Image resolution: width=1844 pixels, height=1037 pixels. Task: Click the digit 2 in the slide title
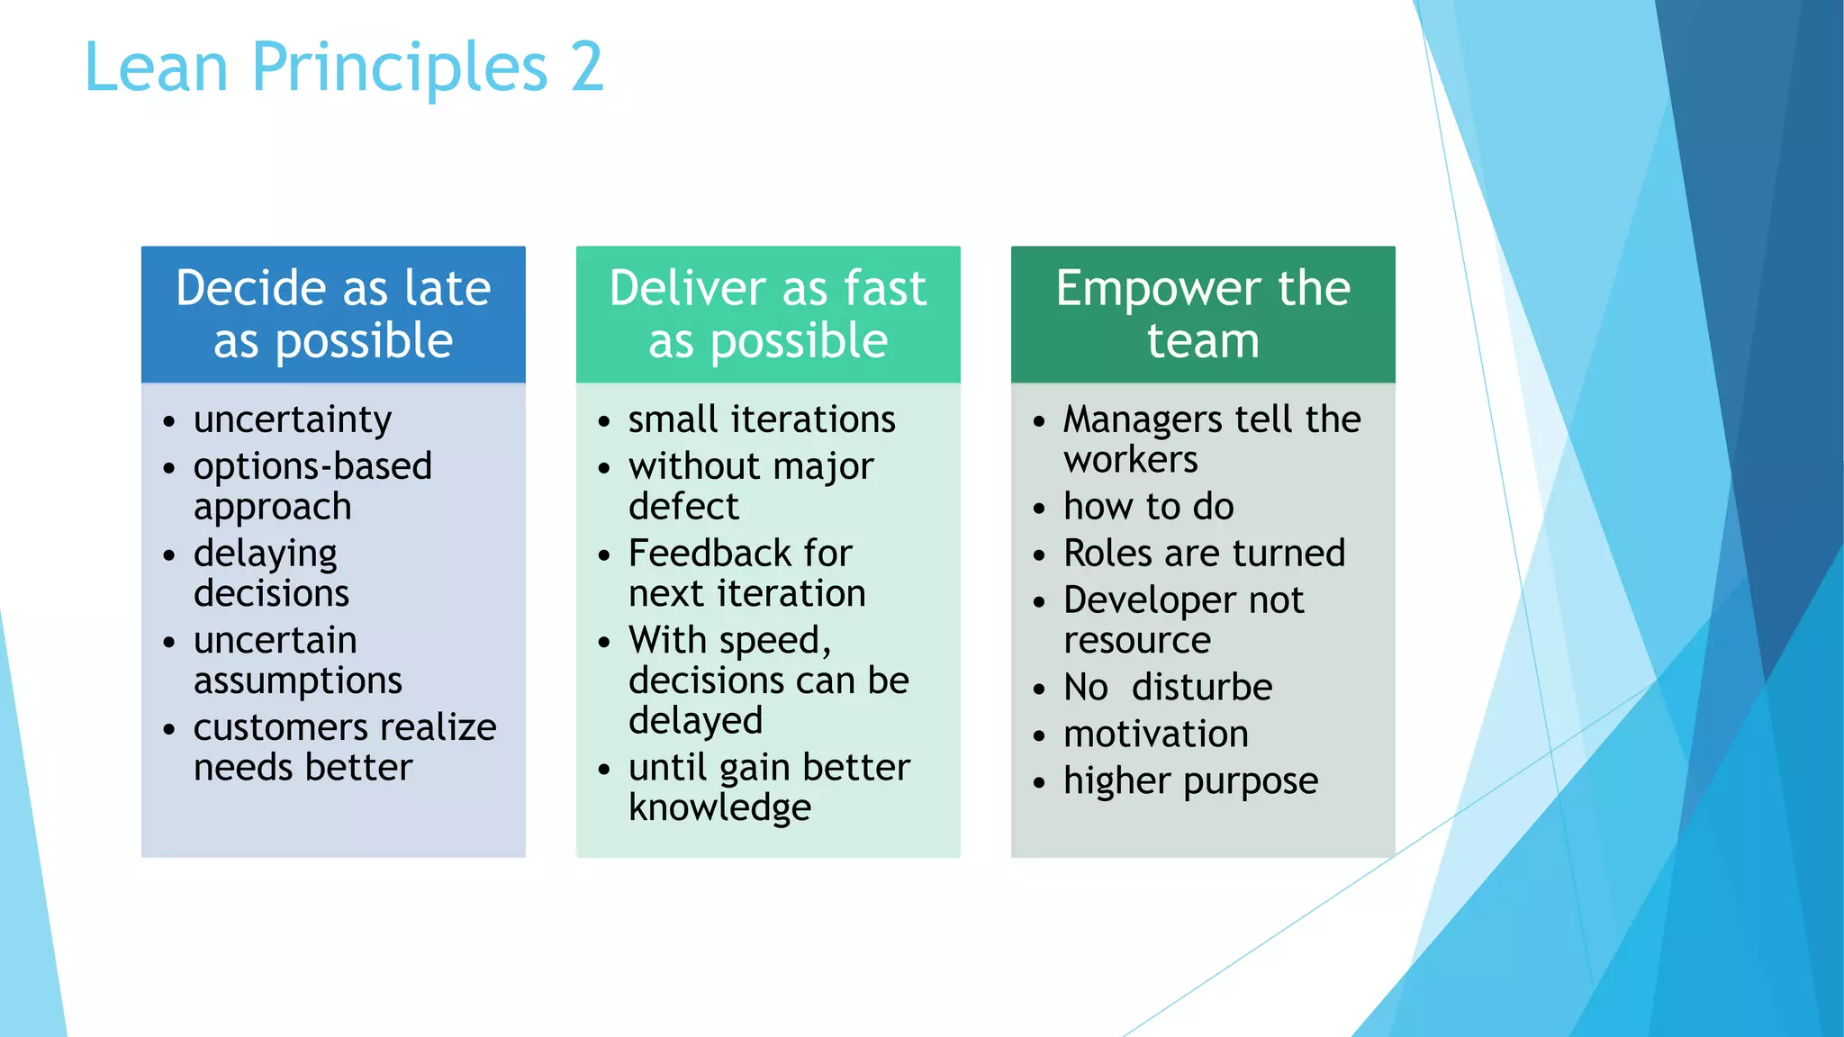pos(586,68)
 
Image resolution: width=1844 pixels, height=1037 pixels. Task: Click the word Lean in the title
pos(156,68)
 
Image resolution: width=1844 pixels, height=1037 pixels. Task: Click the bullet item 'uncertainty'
pos(293,420)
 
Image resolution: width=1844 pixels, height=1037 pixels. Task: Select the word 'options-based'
pos(312,466)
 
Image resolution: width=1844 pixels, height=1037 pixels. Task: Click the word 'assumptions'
pos(298,681)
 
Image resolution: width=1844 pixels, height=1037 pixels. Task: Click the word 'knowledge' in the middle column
pos(719,807)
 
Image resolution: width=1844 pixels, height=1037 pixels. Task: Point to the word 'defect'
pos(683,507)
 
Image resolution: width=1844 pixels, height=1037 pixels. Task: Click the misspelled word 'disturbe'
pos(1202,688)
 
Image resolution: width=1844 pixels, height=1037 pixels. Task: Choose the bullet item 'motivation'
pos(1156,735)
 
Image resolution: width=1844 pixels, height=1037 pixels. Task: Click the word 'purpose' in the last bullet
pos(1251,781)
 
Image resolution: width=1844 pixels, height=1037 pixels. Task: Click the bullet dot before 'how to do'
pos(1039,509)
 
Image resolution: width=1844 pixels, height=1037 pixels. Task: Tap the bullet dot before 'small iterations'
pos(604,421)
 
